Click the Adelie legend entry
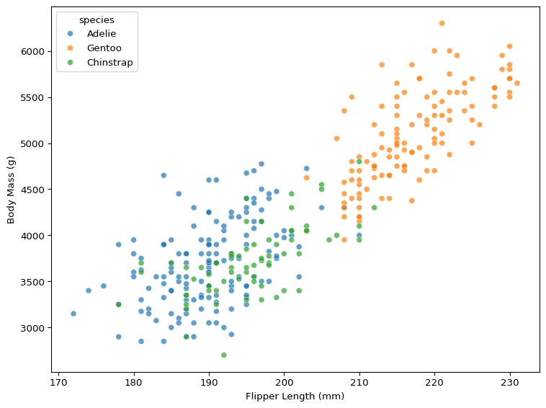pyautogui.click(x=101, y=34)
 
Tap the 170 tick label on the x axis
pyautogui.click(x=58, y=381)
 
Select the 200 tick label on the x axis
pyautogui.click(x=284, y=381)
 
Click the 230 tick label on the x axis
pyautogui.click(x=509, y=381)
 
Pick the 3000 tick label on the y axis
pyautogui.click(x=32, y=328)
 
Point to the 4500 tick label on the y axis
pyautogui.click(x=32, y=190)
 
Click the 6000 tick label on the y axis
pyautogui.click(x=32, y=52)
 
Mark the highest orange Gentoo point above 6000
pyautogui.click(x=442, y=23)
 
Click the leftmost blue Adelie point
pyautogui.click(x=73, y=314)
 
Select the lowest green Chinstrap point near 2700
pyautogui.click(x=224, y=355)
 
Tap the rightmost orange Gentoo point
pyautogui.click(x=517, y=83)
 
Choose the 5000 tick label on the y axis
pyautogui.click(x=32, y=143)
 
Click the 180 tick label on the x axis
pyautogui.click(x=134, y=381)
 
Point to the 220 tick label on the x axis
pyautogui.click(x=434, y=381)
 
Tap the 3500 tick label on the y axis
pyautogui.click(x=32, y=282)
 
